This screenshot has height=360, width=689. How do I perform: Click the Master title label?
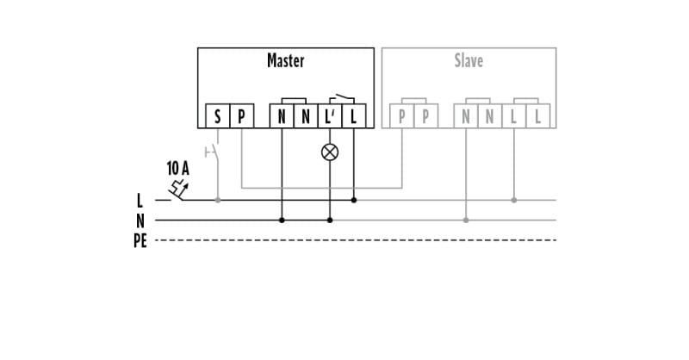(286, 60)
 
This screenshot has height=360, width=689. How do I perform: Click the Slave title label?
(469, 60)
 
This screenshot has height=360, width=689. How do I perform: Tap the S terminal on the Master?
(218, 116)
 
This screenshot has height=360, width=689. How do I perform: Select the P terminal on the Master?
(242, 116)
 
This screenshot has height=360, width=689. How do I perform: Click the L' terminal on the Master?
(330, 116)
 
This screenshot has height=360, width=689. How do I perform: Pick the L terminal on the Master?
(354, 116)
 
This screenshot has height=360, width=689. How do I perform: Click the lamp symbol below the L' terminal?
(330, 152)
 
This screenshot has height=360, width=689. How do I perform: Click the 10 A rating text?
(178, 168)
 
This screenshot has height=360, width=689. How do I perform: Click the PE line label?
(140, 241)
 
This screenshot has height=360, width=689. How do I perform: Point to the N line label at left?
(140, 220)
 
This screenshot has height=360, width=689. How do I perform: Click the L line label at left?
(140, 201)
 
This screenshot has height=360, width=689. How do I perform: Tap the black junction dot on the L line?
(354, 200)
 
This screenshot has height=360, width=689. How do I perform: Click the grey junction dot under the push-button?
(218, 200)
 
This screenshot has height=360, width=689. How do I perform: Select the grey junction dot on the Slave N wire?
(466, 220)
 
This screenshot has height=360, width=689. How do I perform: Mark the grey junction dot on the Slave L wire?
(513, 200)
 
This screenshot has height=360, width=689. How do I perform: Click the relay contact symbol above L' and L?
(342, 98)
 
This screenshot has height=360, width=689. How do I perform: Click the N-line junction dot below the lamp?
(330, 220)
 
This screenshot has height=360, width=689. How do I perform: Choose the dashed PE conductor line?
(356, 240)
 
